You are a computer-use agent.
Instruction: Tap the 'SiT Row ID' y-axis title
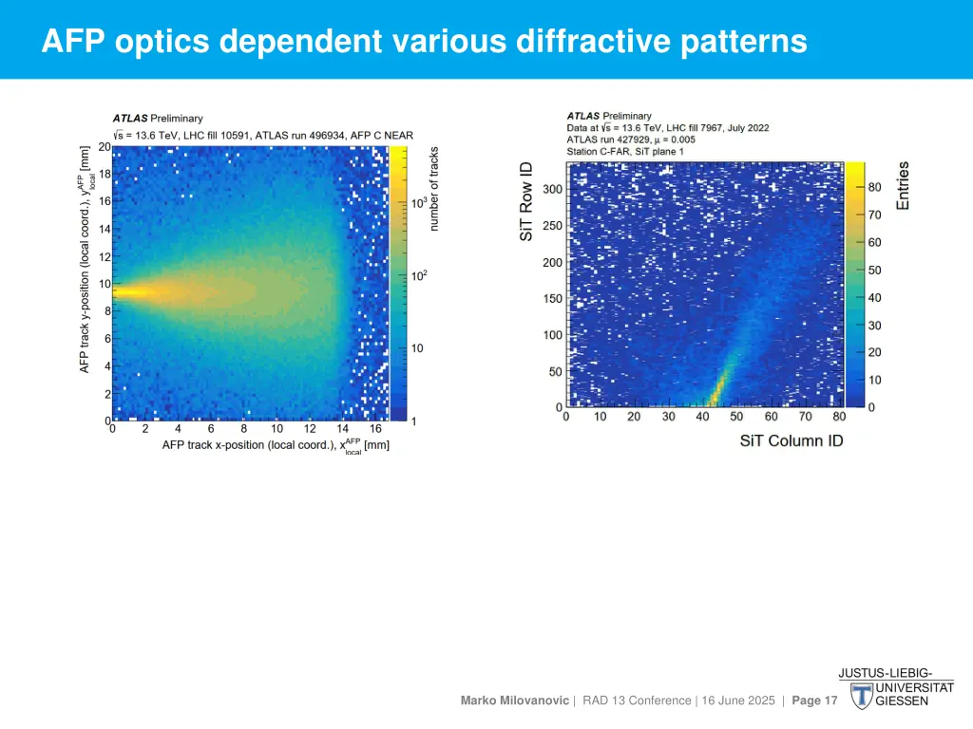coord(526,200)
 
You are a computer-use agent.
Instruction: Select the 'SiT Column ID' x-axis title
coord(791,440)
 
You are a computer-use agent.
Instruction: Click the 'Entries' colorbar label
coord(903,185)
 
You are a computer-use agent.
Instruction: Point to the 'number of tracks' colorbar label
coord(434,188)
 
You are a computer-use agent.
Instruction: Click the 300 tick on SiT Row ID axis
coord(552,189)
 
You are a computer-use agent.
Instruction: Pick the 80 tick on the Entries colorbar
coord(874,188)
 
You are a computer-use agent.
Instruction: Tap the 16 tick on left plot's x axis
coord(375,429)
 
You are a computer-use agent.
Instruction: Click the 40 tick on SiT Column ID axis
coord(702,417)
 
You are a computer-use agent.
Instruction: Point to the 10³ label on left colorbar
coord(418,202)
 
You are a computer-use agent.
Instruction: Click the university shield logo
coord(862,694)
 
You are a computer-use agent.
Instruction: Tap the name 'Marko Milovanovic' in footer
coord(515,701)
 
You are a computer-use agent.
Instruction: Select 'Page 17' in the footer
coord(814,701)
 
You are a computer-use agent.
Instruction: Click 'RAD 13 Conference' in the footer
coord(637,701)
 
